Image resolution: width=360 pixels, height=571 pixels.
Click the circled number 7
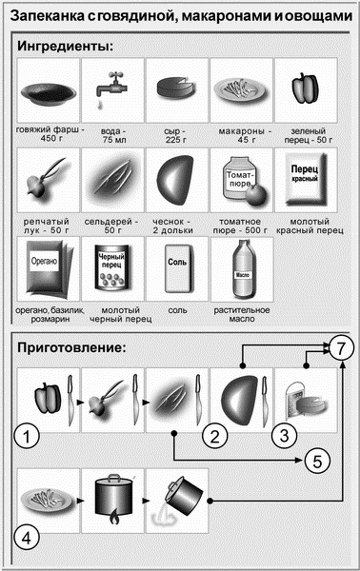[x=341, y=348]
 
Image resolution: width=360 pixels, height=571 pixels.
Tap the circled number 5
[x=317, y=461]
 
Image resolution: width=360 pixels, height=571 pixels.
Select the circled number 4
[x=27, y=538]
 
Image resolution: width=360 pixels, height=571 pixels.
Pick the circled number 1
[x=27, y=436]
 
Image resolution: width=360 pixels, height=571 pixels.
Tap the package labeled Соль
[x=177, y=268]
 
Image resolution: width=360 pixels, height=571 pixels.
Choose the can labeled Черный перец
[x=111, y=267]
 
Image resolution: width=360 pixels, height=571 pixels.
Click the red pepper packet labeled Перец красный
[x=306, y=180]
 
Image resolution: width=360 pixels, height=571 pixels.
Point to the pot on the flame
[x=114, y=499]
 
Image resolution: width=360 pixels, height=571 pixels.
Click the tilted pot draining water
[x=181, y=497]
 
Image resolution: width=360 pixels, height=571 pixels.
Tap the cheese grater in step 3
[x=295, y=401]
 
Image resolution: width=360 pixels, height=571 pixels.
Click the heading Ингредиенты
[x=65, y=47]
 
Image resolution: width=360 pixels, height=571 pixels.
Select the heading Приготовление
[x=71, y=347]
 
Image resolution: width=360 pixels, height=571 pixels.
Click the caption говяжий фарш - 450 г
[x=50, y=134]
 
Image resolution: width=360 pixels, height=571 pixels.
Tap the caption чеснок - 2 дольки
[x=172, y=226]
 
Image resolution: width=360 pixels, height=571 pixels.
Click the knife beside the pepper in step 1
[x=70, y=401]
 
